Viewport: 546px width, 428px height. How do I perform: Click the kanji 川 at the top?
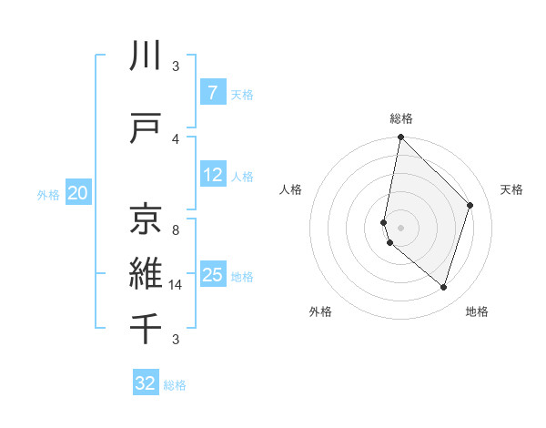pyautogui.click(x=147, y=57)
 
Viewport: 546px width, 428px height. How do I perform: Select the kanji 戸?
pyautogui.click(x=147, y=128)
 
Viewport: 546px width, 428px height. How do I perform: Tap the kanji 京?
pyautogui.click(x=147, y=218)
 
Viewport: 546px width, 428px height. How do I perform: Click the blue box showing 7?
pyautogui.click(x=212, y=92)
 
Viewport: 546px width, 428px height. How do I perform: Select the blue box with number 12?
pyautogui.click(x=213, y=175)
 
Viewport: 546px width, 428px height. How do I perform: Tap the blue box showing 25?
pyautogui.click(x=213, y=275)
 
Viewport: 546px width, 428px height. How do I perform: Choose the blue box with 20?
pyautogui.click(x=78, y=193)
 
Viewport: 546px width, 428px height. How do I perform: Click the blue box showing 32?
pyautogui.click(x=146, y=383)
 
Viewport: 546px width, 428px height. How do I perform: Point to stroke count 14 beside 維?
pyautogui.click(x=175, y=285)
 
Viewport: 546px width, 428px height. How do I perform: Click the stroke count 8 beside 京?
pyautogui.click(x=175, y=229)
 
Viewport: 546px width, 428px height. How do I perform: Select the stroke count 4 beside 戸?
pyautogui.click(x=175, y=138)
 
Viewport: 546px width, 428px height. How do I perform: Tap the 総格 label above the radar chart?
pyautogui.click(x=401, y=118)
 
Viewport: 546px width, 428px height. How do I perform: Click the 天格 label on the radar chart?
pyautogui.click(x=511, y=189)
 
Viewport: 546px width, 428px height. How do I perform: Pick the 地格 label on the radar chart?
pyautogui.click(x=477, y=311)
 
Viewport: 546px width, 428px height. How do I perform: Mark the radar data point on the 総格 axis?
pyautogui.click(x=400, y=138)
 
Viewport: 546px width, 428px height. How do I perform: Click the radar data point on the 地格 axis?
pyautogui.click(x=443, y=288)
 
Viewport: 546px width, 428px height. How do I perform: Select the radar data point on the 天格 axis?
pyautogui.click(x=470, y=205)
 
